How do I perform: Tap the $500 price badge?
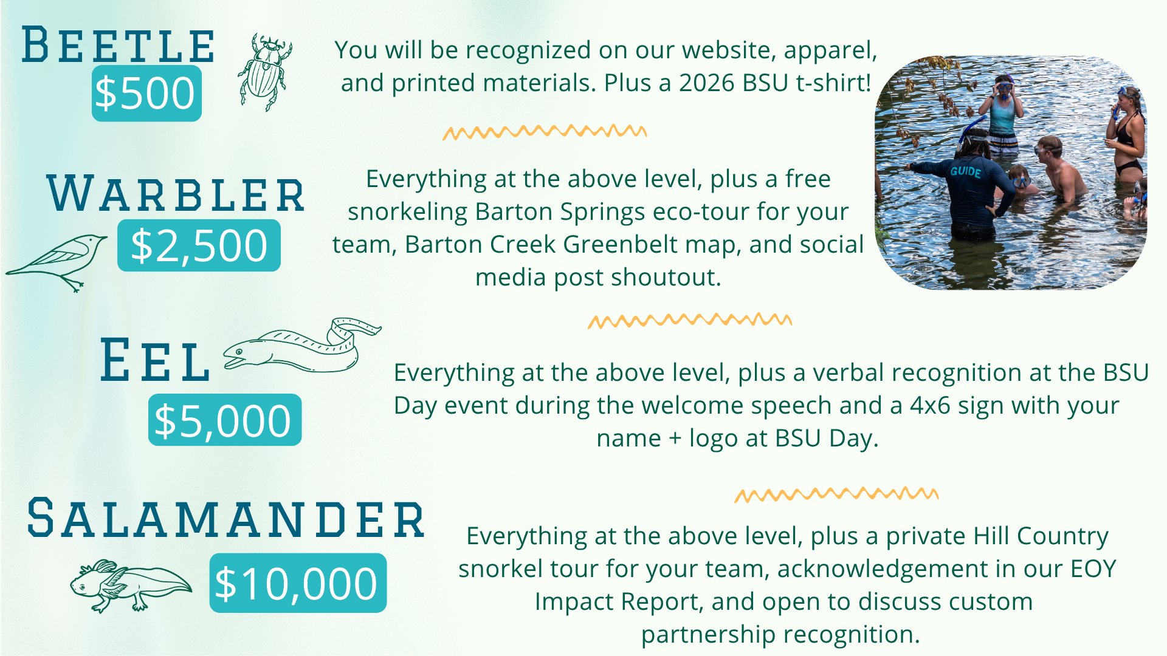coord(146,94)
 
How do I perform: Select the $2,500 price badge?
coord(199,245)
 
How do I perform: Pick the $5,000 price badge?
coord(225,420)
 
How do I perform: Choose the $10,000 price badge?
coord(298,583)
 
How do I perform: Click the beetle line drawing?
coord(265,72)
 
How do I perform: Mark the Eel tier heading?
coord(156,361)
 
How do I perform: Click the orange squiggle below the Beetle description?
coord(545,132)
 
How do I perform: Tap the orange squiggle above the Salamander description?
coord(836,494)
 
